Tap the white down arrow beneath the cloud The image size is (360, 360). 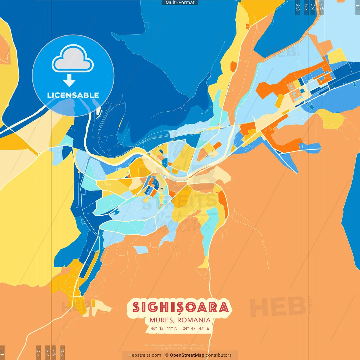[x=69, y=81]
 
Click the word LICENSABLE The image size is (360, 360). [x=73, y=95]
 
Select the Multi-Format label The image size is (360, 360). [x=180, y=3]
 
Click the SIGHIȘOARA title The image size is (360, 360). [x=180, y=307]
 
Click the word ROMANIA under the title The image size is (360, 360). [x=194, y=320]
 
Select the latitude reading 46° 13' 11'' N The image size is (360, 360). [x=164, y=328]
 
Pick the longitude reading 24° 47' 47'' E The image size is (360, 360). [x=196, y=328]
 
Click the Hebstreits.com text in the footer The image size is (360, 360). [x=145, y=355]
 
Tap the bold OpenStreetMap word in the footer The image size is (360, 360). [x=187, y=355]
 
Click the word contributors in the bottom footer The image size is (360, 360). [x=219, y=355]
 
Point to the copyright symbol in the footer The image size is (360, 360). [x=167, y=355]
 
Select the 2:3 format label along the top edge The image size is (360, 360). [x=298, y=8]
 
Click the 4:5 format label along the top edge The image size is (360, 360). [x=322, y=8]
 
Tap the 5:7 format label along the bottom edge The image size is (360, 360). [x=54, y=352]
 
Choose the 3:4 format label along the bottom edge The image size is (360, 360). [x=47, y=352]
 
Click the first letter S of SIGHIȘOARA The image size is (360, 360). [x=136, y=307]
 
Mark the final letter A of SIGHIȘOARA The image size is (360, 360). [x=224, y=307]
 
